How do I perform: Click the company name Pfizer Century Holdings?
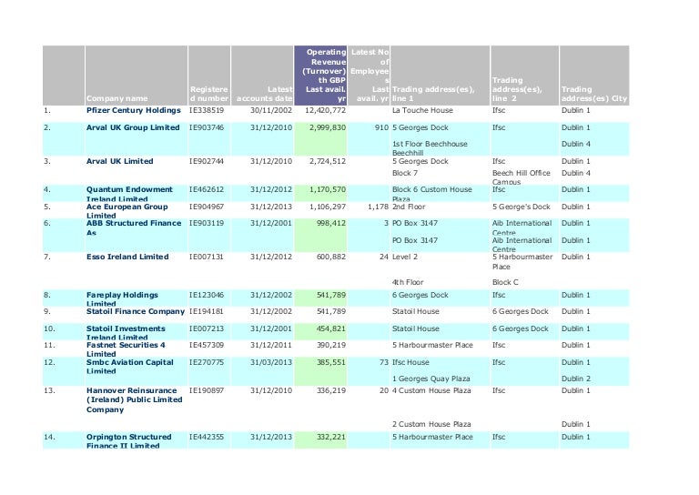[x=127, y=110]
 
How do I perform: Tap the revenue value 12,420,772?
[x=325, y=110]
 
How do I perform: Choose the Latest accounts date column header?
[x=264, y=93]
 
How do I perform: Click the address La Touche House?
[x=420, y=110]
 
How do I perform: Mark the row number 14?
[x=51, y=437]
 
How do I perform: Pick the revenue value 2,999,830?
[x=327, y=128]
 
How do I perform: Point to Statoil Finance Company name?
[x=128, y=311]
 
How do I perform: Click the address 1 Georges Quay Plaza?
[x=430, y=378]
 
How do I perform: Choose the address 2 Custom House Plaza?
[x=431, y=424]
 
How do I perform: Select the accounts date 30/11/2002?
[x=271, y=110]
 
